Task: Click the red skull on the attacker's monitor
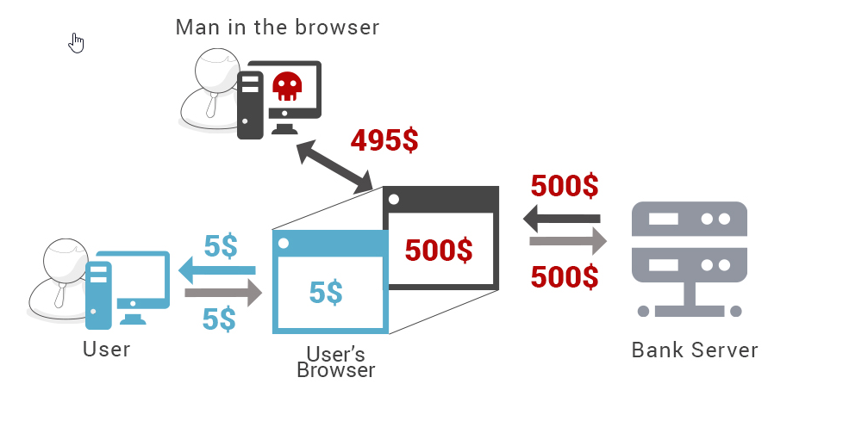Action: point(286,86)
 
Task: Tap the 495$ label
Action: point(384,139)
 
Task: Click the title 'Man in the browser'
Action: point(277,27)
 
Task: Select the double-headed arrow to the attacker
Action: point(334,167)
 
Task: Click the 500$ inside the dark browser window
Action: point(439,250)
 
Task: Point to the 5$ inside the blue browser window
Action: point(326,293)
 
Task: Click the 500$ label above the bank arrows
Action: point(565,186)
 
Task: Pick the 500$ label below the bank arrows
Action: point(565,276)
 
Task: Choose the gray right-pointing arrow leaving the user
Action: point(222,294)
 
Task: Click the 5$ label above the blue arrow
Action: point(220,246)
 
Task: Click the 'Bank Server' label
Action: point(695,350)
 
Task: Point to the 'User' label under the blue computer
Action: point(107,349)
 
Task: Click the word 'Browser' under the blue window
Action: point(335,371)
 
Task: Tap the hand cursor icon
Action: point(77,42)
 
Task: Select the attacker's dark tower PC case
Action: point(249,100)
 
